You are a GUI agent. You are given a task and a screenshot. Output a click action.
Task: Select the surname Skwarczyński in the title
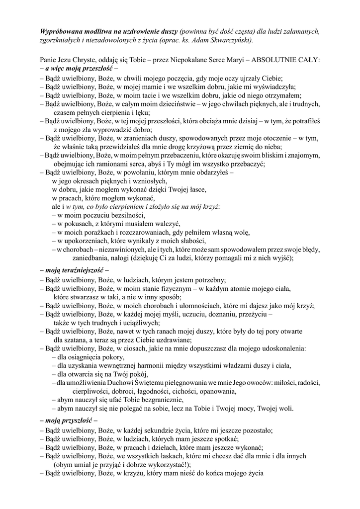click(x=229, y=40)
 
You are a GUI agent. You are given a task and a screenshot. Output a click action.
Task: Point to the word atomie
click(x=237, y=288)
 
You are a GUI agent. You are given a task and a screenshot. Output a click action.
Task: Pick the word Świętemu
click(x=146, y=383)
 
